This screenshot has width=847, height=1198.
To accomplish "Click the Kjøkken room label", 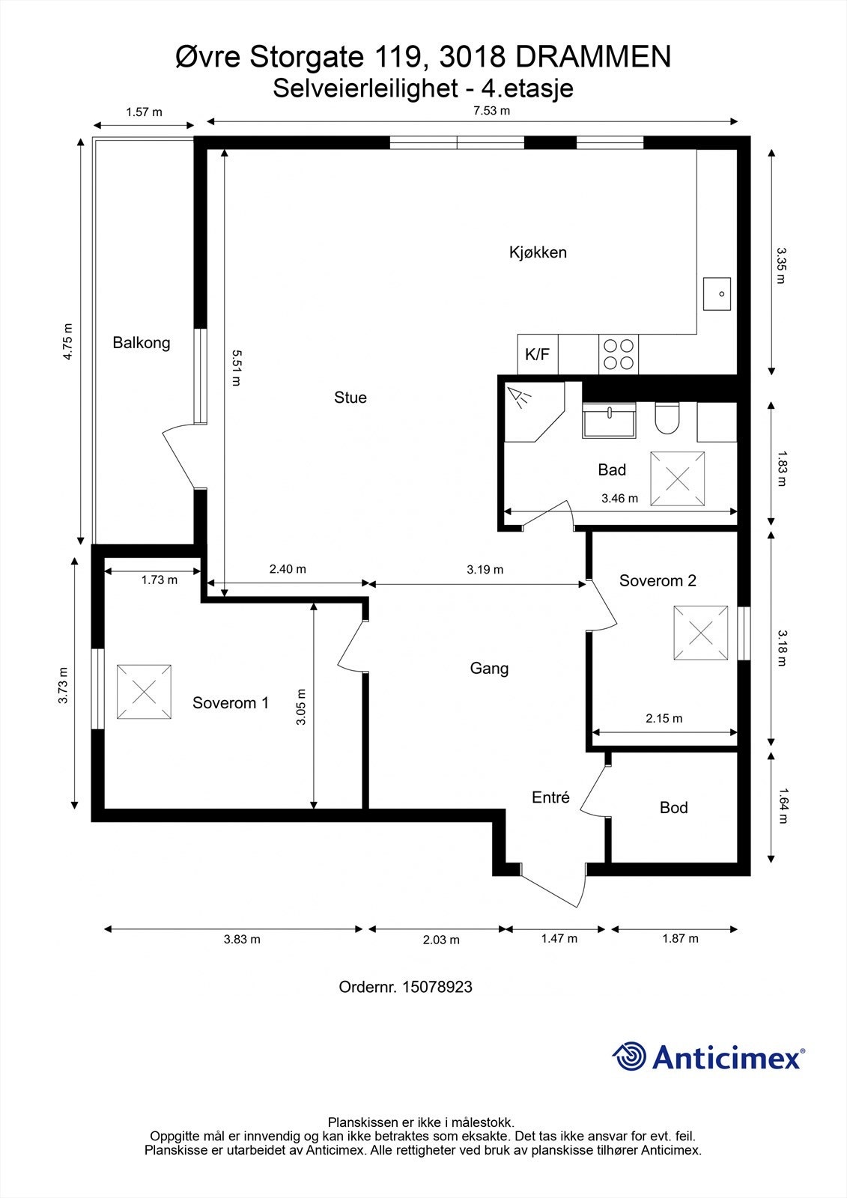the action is coord(538,252).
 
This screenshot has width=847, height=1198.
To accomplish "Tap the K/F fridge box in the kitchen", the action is coord(538,354).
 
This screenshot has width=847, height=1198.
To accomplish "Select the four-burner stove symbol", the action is coord(619,354).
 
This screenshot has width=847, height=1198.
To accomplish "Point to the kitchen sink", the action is coord(717,294).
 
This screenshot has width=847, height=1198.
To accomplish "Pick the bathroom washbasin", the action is coord(610,420).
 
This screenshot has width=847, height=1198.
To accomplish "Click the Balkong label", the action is coord(142,343).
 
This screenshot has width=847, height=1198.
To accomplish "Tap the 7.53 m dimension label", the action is coord(492,111).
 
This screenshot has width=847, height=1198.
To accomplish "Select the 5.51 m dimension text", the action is coord(236,368).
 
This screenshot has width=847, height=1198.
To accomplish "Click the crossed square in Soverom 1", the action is coord(144,692).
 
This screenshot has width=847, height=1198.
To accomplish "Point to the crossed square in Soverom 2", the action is coord(701,633).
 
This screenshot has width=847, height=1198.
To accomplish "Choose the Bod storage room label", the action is coord(674,808).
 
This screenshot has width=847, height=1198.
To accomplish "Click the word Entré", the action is coord(550,797).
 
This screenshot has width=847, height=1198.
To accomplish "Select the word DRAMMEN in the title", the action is coord(593,57).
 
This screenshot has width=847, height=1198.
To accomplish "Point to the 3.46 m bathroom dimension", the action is coord(619,499).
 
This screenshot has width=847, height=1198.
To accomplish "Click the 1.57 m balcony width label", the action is coord(144,112).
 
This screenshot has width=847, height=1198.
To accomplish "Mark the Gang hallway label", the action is coord(489,669).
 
